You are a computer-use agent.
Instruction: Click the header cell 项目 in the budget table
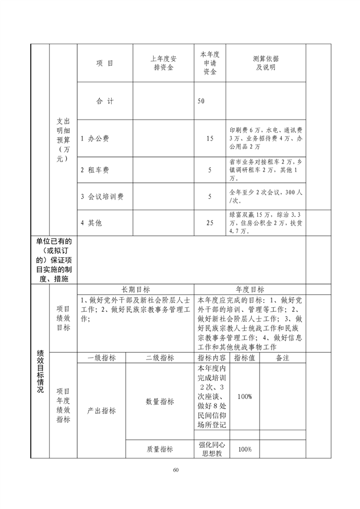tap(104, 63)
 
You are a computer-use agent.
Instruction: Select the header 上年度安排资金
tap(163, 63)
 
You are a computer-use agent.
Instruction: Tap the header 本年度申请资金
tap(209, 63)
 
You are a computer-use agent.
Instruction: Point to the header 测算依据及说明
tap(265, 63)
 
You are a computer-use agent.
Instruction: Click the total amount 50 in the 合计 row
tap(201, 101)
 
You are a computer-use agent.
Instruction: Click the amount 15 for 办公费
tap(210, 138)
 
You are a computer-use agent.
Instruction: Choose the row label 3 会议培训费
tap(102, 197)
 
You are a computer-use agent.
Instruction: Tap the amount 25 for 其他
tap(210, 223)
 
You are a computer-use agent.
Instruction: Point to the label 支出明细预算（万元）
tap(63, 140)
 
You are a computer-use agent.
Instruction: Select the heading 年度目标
tap(250, 290)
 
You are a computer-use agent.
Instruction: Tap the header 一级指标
tap(102, 358)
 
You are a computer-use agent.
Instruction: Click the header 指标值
tap(245, 358)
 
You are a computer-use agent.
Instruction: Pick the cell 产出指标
tap(102, 410)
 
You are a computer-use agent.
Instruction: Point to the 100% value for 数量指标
tap(245, 397)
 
